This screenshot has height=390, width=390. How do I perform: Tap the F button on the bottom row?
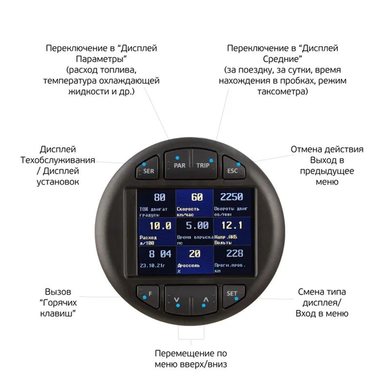click(148, 294)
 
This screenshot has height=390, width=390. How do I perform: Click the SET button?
click(233, 294)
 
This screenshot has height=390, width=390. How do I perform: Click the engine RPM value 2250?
click(231, 197)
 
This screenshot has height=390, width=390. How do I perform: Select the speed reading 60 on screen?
click(196, 197)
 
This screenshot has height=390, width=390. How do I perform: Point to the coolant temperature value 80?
click(159, 197)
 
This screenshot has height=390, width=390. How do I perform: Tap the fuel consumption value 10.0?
click(160, 226)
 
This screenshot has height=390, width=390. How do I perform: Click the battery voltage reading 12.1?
click(231, 225)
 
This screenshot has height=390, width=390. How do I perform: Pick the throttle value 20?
click(195, 253)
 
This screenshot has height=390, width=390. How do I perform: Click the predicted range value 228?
click(234, 253)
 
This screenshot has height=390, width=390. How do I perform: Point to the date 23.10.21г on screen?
click(152, 266)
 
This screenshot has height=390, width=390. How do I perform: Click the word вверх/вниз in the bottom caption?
click(205, 365)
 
